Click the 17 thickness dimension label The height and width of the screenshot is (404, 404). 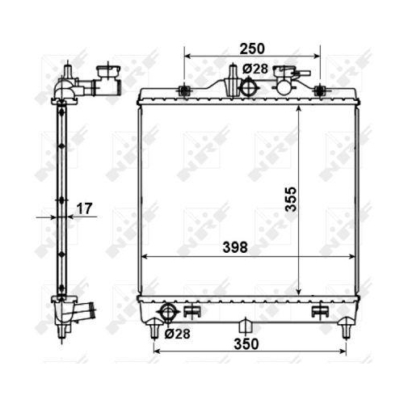click(84, 208)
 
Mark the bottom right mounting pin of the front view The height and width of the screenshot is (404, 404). click(347, 328)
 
